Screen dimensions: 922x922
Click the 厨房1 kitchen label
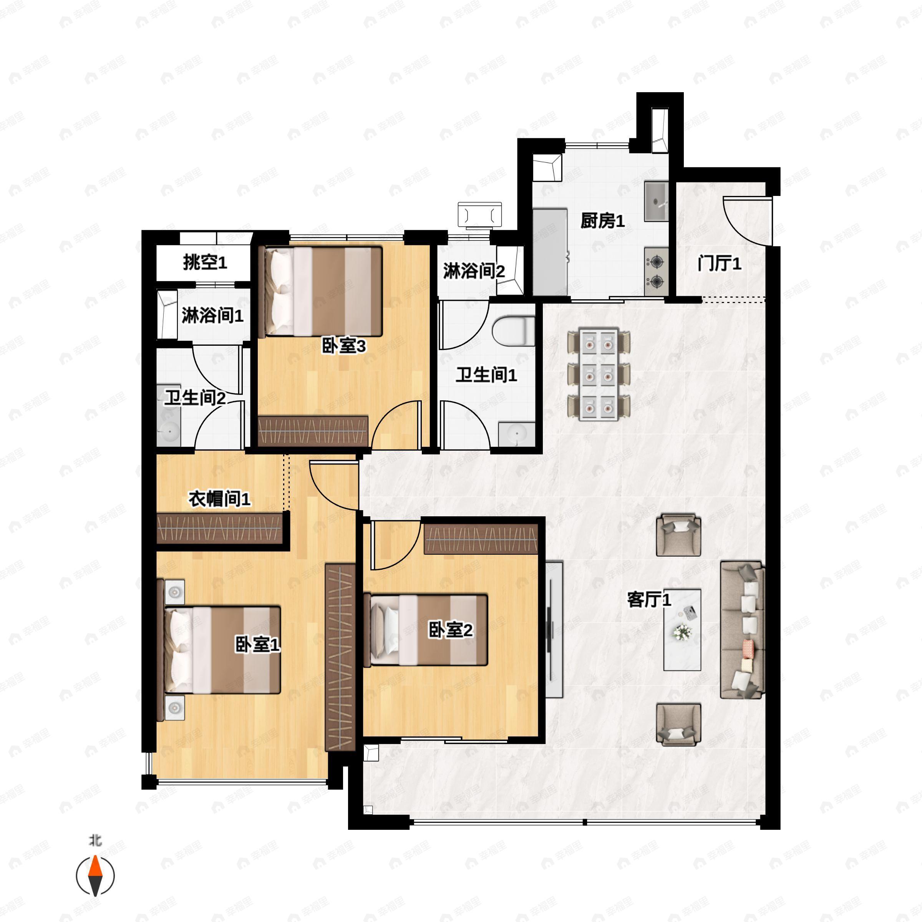click(602, 221)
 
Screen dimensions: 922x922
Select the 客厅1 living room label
click(649, 599)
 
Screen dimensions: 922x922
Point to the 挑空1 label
click(205, 262)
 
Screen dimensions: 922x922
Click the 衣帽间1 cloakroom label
click(219, 499)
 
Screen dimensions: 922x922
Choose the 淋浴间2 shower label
click(474, 271)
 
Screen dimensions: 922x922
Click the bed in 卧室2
click(426, 630)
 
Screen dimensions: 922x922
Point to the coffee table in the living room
click(682, 630)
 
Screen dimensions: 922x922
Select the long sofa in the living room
click(743, 630)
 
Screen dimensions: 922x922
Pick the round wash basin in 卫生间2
click(169, 432)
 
